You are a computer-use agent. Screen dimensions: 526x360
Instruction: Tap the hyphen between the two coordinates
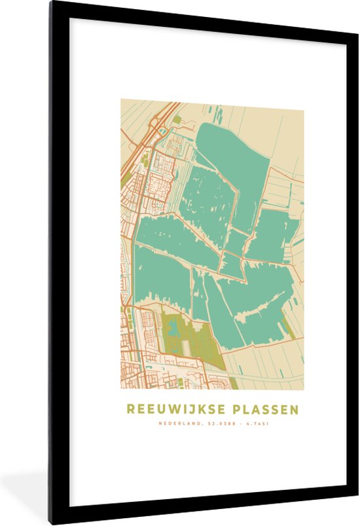point(238,423)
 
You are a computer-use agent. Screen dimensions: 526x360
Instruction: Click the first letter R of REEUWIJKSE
point(130,409)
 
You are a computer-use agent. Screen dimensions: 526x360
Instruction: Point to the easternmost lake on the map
point(274,236)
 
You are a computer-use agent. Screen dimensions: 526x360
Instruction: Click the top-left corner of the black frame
point(50,3)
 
